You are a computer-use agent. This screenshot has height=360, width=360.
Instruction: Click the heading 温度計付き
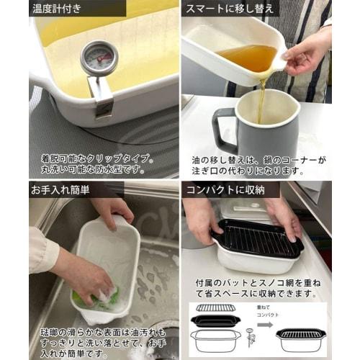click(x=60, y=10)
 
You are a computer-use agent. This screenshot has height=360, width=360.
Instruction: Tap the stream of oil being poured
click(x=261, y=90)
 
